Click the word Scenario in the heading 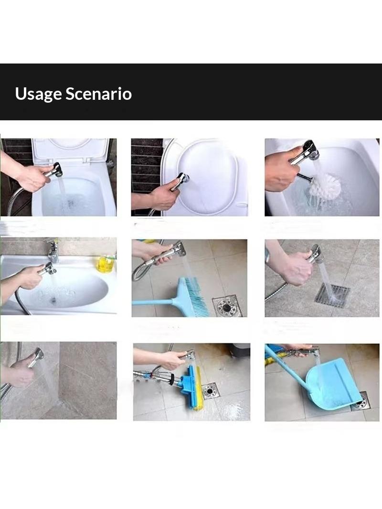[x=99, y=94]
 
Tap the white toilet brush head [x=325, y=186]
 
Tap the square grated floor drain [x=332, y=296]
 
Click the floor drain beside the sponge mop [x=210, y=391]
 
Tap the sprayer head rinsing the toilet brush [x=310, y=150]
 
